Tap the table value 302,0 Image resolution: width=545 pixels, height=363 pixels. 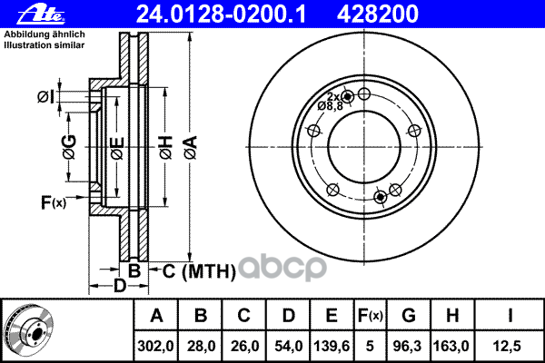pos(156,346)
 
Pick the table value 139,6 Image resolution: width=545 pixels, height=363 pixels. pos(332,346)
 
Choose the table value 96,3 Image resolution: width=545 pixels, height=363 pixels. pos(409,346)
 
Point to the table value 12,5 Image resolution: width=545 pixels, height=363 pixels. pos(511,346)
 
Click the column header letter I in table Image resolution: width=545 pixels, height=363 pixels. pos(511,317)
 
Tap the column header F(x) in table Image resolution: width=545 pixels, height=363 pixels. pos(372,317)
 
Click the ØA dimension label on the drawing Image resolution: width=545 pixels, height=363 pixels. pos(189,145)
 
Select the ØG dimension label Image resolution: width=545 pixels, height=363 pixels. pos(69,144)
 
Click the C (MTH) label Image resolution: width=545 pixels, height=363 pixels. pos(198,270)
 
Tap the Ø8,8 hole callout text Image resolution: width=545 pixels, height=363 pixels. pos(330,106)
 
